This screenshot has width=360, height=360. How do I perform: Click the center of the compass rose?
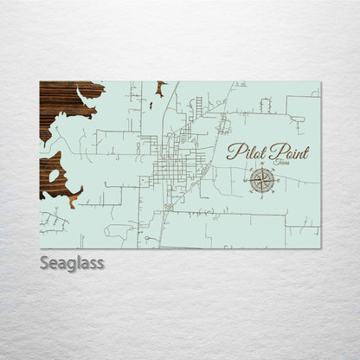coord(262,179)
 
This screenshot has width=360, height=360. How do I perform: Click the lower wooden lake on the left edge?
coord(52,176)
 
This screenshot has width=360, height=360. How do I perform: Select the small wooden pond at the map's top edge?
coord(161,86)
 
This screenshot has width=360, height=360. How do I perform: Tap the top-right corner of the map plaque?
coord(320,82)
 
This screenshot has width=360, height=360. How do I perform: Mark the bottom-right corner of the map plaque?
coord(320,247)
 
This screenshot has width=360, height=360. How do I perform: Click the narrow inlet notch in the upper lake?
coord(85,93)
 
